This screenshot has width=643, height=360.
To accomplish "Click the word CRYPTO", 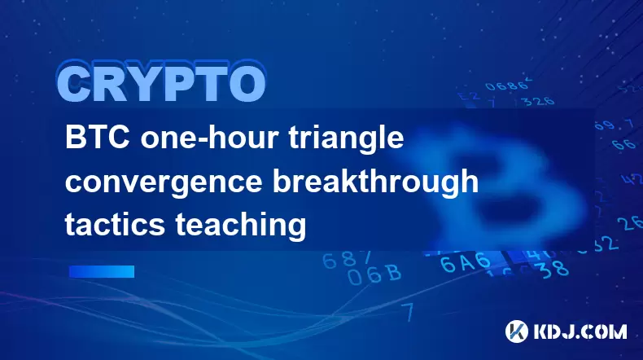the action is coord(162,83).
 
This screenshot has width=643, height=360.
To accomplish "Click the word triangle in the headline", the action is coord(347,139).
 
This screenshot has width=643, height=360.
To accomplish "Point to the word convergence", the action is coord(164,183).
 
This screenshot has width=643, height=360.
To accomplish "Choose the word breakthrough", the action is coord(375,181).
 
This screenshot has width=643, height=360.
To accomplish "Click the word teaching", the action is coord(241,226).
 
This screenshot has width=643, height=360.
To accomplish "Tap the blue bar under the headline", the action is coord(102,271).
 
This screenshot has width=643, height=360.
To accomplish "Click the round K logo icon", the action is coord(517,331).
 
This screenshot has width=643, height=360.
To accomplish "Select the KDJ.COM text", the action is coord(580,331).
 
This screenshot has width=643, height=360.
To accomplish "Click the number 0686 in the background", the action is coord(507,85).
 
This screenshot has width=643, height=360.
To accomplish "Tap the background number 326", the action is coord(540,101).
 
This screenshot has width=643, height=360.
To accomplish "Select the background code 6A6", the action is coord(465,262).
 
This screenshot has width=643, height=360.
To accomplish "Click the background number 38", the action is coord(553,270).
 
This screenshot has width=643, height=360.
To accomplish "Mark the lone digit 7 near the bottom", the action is coord(408,313).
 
